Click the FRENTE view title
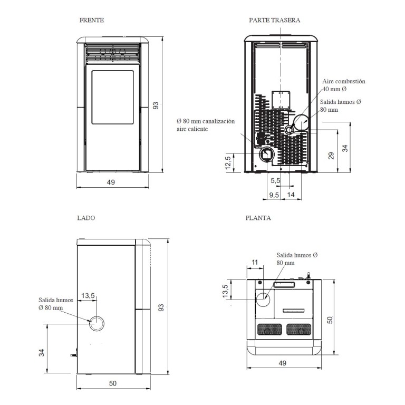tap(92, 20)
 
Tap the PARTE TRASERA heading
tap(274, 20)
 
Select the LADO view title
tap(86, 218)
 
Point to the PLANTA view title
tap(258, 218)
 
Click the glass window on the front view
tap(113, 97)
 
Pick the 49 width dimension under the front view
tap(111, 182)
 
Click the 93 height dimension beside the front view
tap(156, 105)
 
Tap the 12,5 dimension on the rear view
tap(228, 163)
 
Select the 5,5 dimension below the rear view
tap(275, 180)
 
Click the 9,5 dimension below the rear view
tap(274, 195)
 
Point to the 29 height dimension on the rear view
tap(331, 156)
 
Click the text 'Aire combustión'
tap(344, 81)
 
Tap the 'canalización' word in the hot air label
tap(218, 121)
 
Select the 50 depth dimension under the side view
tap(113, 383)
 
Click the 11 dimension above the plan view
tap(255, 262)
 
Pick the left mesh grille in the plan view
tap(269, 329)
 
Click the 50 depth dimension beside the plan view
tap(330, 320)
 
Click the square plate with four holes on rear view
tap(281, 100)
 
